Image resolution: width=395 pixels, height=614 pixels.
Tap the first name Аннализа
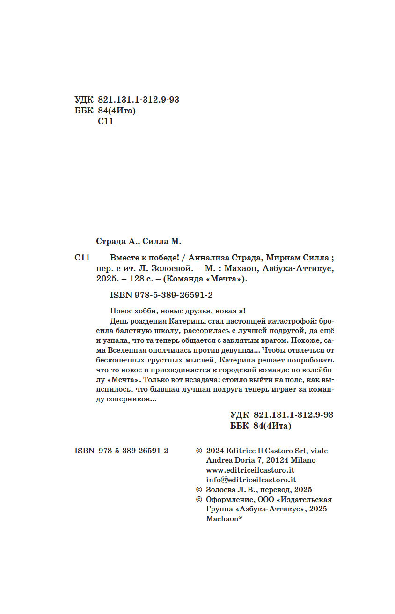pyautogui.click(x=203, y=258)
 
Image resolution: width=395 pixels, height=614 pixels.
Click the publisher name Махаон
pyautogui.click(x=240, y=269)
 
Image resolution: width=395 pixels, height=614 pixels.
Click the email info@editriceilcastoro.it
pyautogui.click(x=251, y=480)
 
